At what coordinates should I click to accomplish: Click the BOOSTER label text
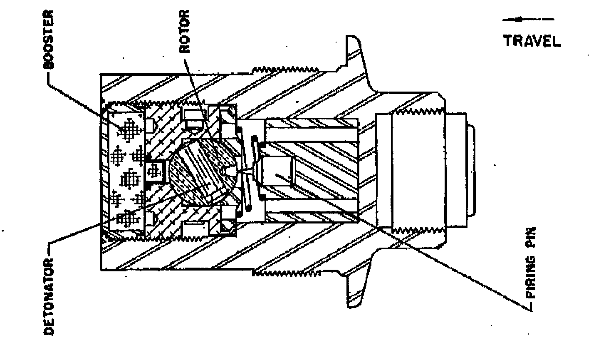pyautogui.click(x=49, y=40)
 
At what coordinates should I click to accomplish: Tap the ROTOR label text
pyautogui.click(x=184, y=31)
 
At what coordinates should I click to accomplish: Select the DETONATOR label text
pyautogui.click(x=49, y=297)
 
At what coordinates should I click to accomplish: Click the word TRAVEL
pyautogui.click(x=532, y=41)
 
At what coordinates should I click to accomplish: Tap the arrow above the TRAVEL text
pyautogui.click(x=528, y=19)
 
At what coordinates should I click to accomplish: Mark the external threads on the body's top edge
pyautogui.click(x=286, y=70)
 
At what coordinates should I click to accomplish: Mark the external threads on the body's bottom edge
pyautogui.click(x=286, y=273)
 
